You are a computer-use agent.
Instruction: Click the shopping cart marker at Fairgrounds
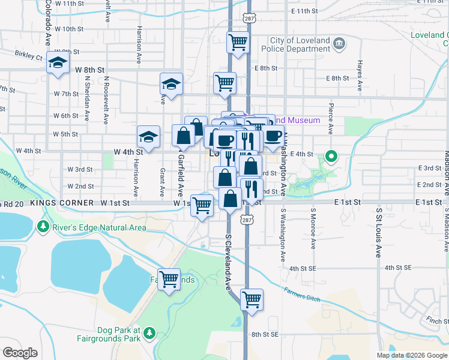169,279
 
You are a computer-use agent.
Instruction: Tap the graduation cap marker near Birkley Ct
58,63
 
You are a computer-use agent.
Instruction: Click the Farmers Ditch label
303,294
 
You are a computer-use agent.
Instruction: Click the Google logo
20,353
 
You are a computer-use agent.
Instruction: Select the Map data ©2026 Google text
412,355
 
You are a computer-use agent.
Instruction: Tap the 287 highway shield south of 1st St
247,221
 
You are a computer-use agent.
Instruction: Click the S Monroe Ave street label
313,229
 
